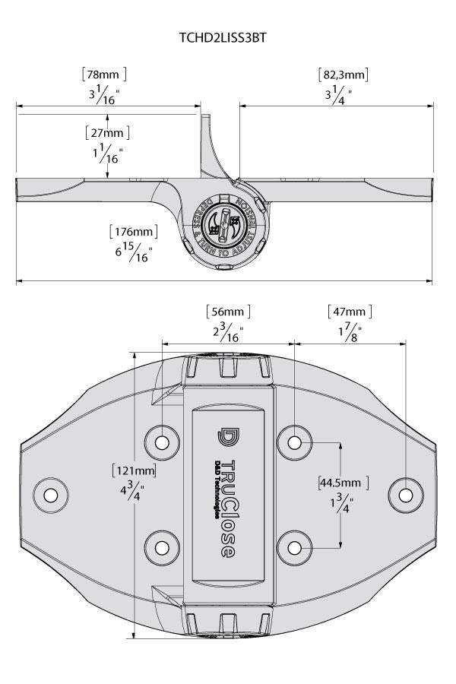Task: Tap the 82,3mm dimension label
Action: pyautogui.click(x=343, y=74)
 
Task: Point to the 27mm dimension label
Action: pyautogui.click(x=107, y=132)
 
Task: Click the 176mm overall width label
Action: pyautogui.click(x=133, y=231)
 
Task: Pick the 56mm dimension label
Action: pyautogui.click(x=228, y=311)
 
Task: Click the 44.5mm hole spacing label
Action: pyautogui.click(x=343, y=483)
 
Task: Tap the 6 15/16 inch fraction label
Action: pyautogui.click(x=134, y=253)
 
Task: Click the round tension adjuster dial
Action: pyautogui.click(x=225, y=226)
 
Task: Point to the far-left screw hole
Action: pyautogui.click(x=51, y=496)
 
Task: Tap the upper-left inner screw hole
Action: pyautogui.click(x=162, y=442)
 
